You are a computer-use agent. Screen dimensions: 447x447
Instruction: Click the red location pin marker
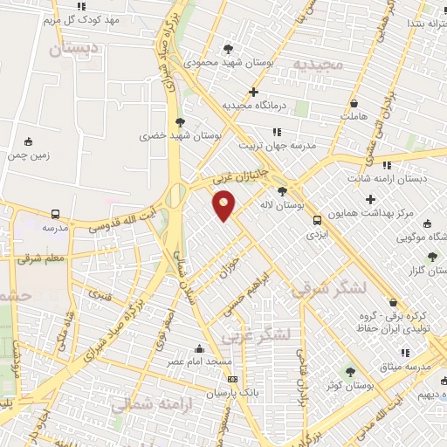click(x=224, y=206)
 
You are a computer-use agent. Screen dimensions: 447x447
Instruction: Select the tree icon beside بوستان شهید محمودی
click(x=229, y=49)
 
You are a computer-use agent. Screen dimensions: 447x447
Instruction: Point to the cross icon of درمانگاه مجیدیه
click(x=253, y=92)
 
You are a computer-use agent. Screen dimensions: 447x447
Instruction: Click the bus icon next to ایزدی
click(x=317, y=220)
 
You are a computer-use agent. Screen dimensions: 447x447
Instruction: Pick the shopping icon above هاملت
click(x=354, y=103)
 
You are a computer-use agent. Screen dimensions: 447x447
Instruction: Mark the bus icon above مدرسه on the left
click(x=56, y=214)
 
